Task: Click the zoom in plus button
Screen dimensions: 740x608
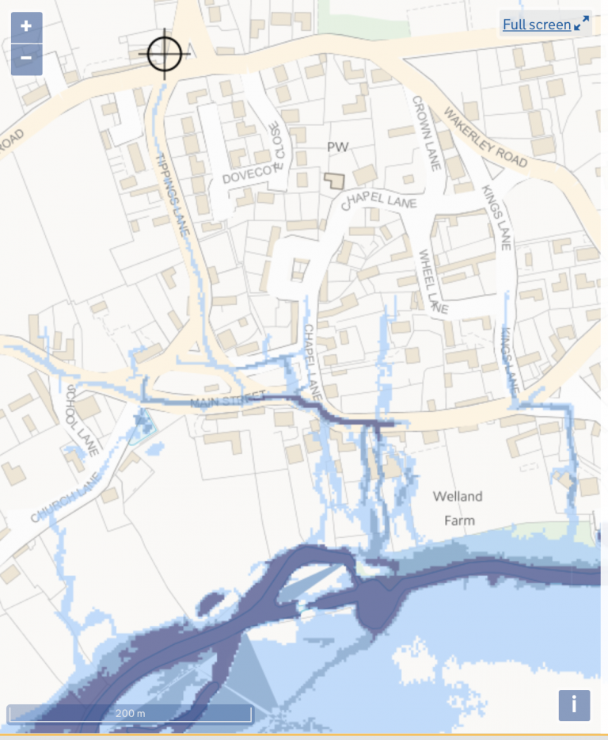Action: click(26, 26)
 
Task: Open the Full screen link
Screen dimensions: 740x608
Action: click(536, 25)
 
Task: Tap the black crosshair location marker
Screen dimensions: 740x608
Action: click(164, 54)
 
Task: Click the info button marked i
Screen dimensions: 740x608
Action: click(574, 704)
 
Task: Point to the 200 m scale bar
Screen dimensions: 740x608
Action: click(130, 713)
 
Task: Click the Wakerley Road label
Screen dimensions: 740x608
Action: click(485, 136)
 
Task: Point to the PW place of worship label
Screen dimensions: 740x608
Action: click(338, 147)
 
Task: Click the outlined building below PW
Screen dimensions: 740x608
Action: click(335, 180)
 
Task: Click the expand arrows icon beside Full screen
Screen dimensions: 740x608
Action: click(582, 24)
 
